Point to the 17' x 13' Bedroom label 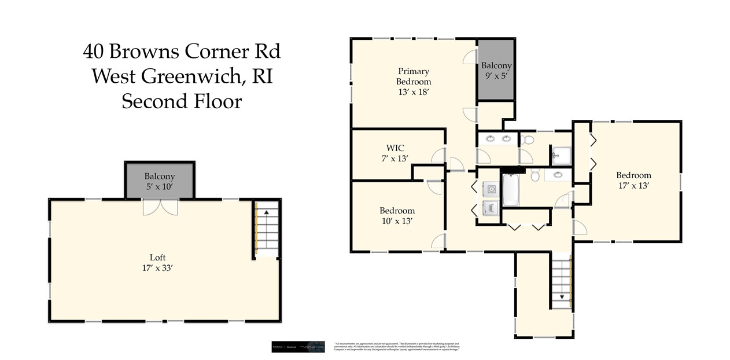point(633,180)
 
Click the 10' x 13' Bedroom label point(397,215)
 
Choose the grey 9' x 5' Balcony point(496,70)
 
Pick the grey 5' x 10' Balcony point(160,181)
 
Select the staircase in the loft point(267,232)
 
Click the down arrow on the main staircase point(560,297)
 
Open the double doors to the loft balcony point(160,207)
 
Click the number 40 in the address point(94,52)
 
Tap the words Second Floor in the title point(181,101)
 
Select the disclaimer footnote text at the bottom point(397,347)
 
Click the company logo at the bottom point(298,346)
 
